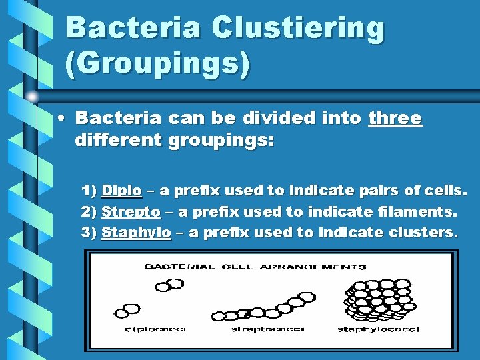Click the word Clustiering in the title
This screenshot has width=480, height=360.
click(x=298, y=28)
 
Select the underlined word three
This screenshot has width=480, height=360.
click(x=395, y=119)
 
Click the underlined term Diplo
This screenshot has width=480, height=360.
click(x=121, y=191)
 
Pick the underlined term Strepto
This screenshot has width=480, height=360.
click(x=131, y=211)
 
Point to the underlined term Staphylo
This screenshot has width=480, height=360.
click(x=136, y=232)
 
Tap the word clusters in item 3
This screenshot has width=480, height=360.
click(x=423, y=232)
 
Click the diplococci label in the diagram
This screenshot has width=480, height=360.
click(x=155, y=329)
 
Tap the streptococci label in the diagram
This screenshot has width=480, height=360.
click(x=267, y=329)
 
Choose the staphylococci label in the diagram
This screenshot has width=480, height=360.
click(x=378, y=329)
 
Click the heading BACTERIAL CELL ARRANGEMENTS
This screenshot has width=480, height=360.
click(x=255, y=267)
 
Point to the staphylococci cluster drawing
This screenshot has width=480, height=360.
click(x=377, y=298)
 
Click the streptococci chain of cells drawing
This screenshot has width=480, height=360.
click(x=261, y=308)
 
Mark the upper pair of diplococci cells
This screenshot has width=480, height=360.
click(x=169, y=285)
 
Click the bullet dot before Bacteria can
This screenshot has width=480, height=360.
click(x=61, y=119)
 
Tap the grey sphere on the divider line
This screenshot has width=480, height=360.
click(x=33, y=96)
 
